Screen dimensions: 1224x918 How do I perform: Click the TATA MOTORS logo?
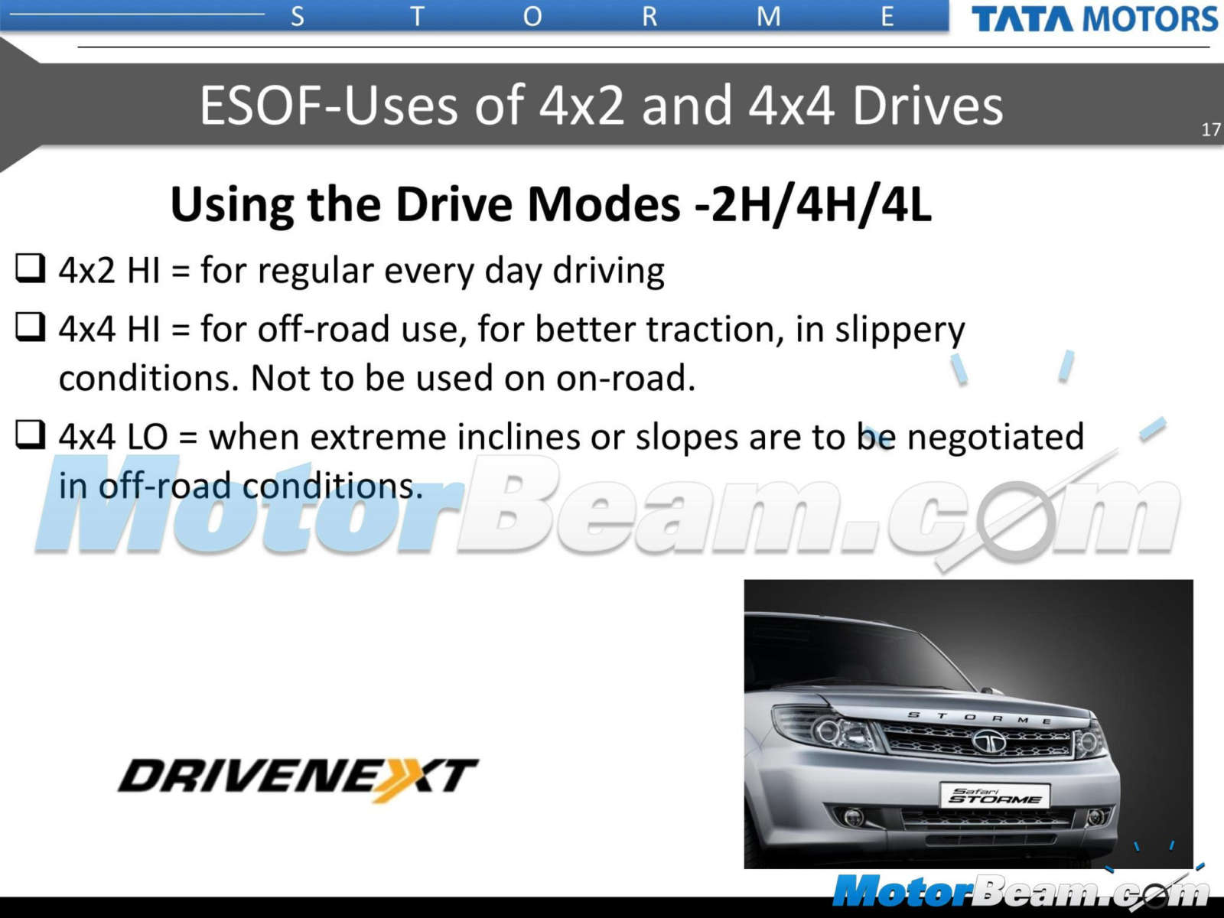(1094, 19)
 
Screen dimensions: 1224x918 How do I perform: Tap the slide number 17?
(1211, 130)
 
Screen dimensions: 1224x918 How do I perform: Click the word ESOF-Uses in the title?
(329, 106)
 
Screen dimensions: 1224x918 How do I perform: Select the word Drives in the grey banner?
(927, 106)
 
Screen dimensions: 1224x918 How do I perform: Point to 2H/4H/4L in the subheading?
(821, 204)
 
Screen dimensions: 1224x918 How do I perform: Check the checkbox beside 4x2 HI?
(30, 268)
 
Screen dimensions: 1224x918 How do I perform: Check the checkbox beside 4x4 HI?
(30, 327)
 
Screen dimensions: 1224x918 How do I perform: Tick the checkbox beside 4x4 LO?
(30, 435)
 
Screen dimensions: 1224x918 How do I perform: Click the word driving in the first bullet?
(608, 272)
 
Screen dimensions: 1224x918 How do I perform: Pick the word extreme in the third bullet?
(378, 436)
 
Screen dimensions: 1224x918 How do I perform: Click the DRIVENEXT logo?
(298, 778)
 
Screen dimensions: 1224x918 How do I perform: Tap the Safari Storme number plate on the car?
(994, 796)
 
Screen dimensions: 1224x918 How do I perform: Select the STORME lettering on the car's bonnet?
(978, 718)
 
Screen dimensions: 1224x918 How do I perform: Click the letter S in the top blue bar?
(298, 17)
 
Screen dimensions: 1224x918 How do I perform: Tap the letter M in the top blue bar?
(768, 17)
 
